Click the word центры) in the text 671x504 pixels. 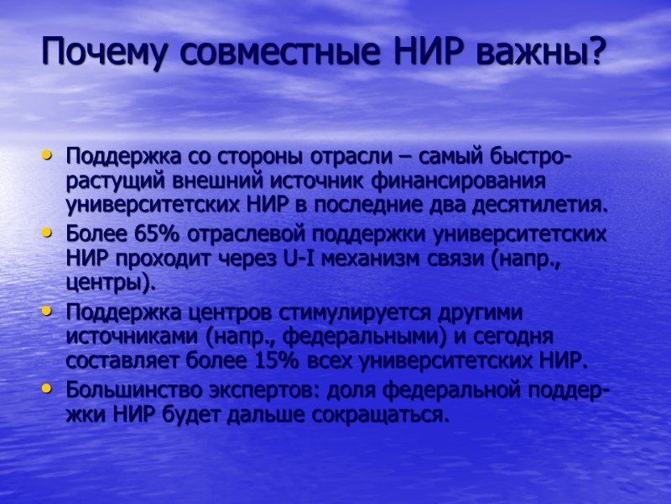[x=110, y=284]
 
